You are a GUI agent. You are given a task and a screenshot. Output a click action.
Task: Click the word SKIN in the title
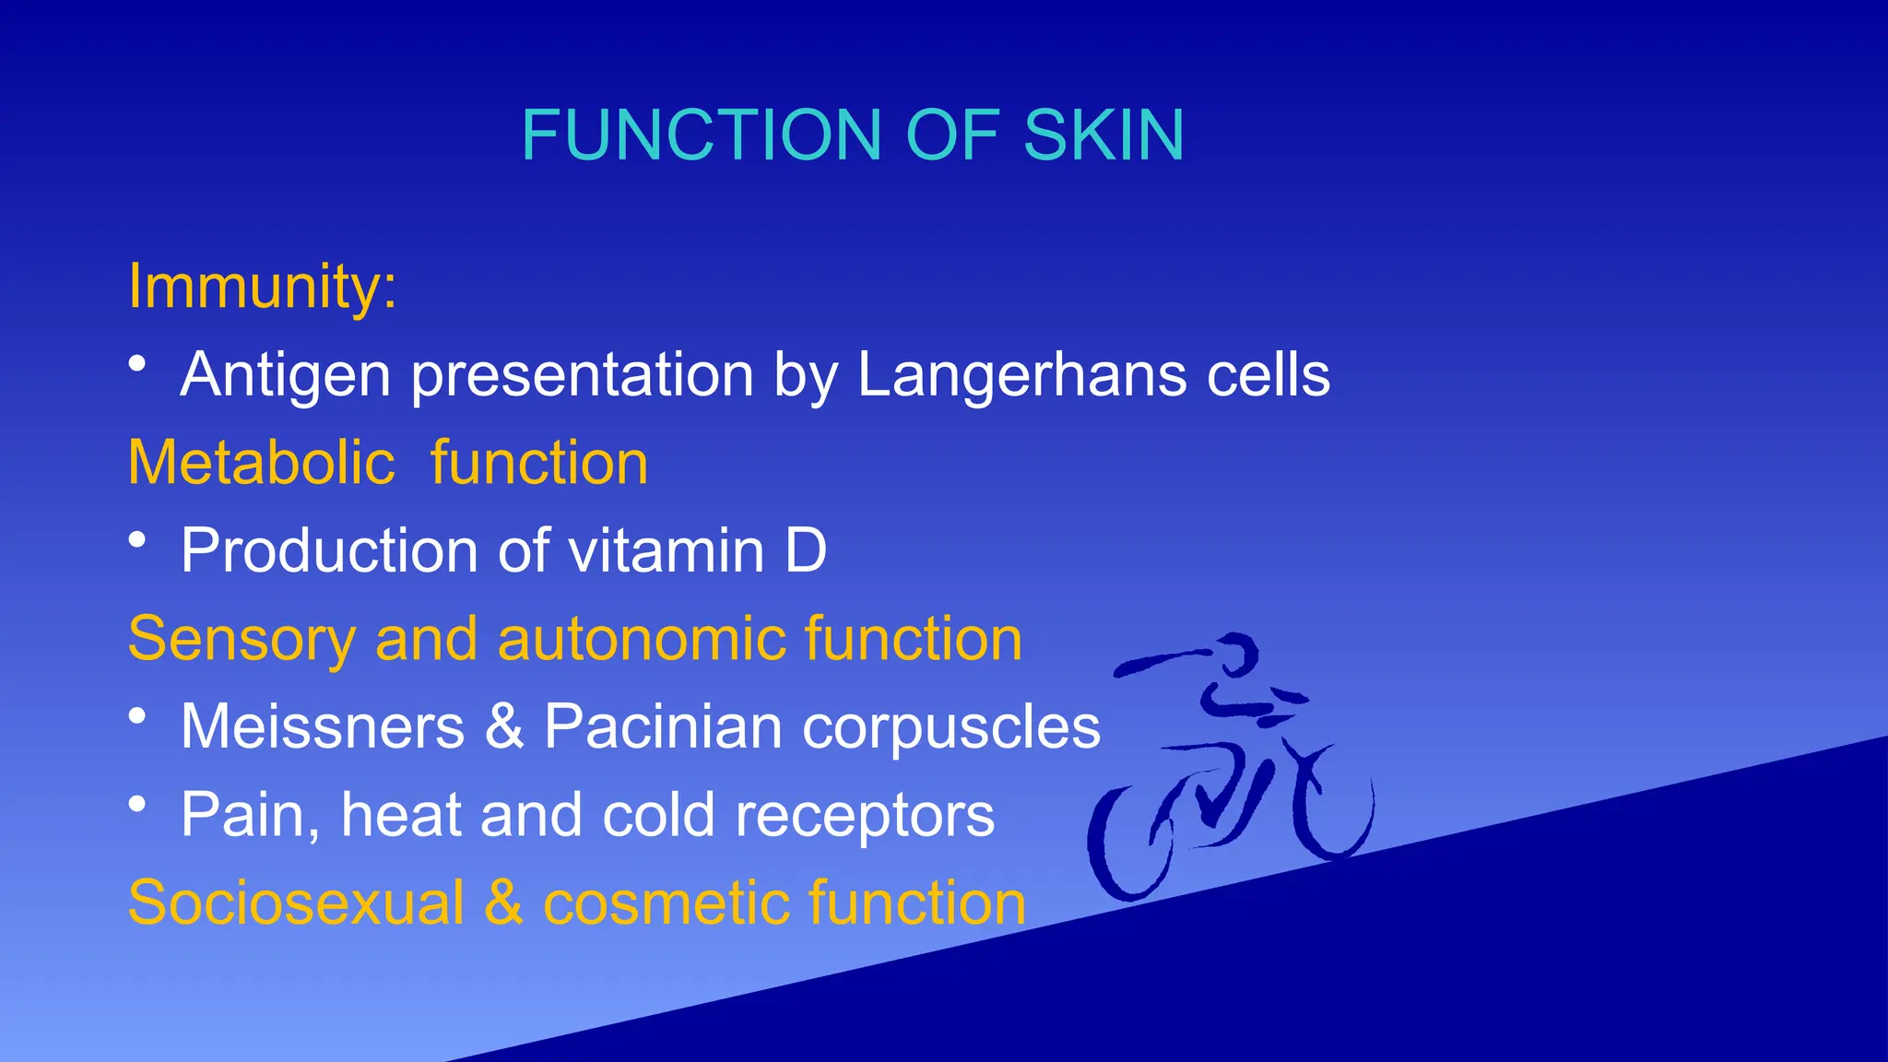(x=1103, y=136)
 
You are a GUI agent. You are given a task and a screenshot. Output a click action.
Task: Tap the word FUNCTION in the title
(x=703, y=136)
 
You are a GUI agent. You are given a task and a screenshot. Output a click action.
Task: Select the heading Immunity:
(x=263, y=286)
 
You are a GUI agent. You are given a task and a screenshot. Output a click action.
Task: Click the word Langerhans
(x=1022, y=375)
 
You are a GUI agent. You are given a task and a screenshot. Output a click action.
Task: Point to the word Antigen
(x=286, y=375)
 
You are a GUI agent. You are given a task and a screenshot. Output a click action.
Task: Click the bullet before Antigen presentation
(x=137, y=363)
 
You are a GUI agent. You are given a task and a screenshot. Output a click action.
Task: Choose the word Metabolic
(x=262, y=462)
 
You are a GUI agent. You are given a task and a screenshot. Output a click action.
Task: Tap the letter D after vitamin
(x=806, y=550)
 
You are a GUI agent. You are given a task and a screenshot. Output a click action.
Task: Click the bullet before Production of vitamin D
(x=137, y=539)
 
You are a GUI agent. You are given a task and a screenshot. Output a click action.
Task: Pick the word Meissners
(x=323, y=726)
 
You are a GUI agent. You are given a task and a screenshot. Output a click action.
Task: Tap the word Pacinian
(x=663, y=726)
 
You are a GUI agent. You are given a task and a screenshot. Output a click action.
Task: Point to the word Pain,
(x=251, y=815)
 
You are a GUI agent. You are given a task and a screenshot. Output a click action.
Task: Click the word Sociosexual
(x=296, y=903)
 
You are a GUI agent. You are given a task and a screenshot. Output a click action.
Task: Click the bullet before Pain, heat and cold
(x=137, y=804)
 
